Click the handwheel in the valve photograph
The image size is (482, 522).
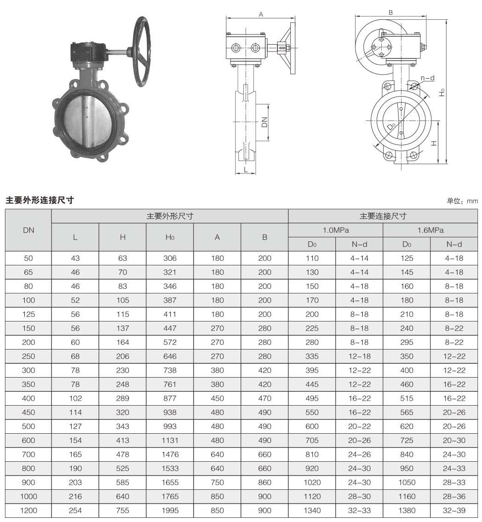pos(146,52)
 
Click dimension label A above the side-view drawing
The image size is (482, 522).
pos(261,15)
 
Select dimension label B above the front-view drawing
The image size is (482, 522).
pos(390,12)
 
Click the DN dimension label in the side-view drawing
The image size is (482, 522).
pos(264,121)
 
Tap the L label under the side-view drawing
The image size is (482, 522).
pos(246,169)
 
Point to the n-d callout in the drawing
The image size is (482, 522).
pos(427,78)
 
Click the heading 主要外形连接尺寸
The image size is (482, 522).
pos(40,200)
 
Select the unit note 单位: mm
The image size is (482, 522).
pos(462,201)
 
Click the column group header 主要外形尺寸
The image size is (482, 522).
pos(170,216)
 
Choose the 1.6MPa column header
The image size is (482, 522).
pos(430,230)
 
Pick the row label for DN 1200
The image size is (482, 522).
pos(29,511)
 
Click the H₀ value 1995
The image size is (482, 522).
pos(170,511)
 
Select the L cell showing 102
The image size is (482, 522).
pos(75,398)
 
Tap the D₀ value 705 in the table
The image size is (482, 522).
pos(312,441)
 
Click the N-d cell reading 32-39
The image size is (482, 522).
pos(454,511)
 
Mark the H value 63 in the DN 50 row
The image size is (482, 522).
pos(122,258)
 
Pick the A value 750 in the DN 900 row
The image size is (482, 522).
pos(217,482)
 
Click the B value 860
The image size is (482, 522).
pos(264,482)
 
